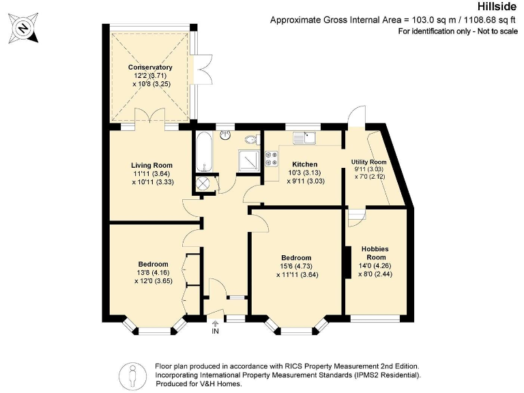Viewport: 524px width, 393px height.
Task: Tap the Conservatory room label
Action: (x=150, y=68)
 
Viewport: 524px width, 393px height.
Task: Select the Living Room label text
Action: (x=151, y=165)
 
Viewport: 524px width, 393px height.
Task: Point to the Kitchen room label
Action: (x=305, y=164)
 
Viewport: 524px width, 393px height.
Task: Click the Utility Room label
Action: (x=368, y=162)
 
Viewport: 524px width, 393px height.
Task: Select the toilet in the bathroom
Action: (x=253, y=140)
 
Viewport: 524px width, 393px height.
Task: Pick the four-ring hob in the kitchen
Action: (x=271, y=158)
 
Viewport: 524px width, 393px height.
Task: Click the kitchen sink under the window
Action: (x=304, y=139)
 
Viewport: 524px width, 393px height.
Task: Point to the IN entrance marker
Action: (x=216, y=331)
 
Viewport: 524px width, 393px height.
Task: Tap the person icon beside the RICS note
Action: (x=132, y=375)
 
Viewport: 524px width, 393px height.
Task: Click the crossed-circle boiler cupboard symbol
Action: (x=203, y=184)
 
